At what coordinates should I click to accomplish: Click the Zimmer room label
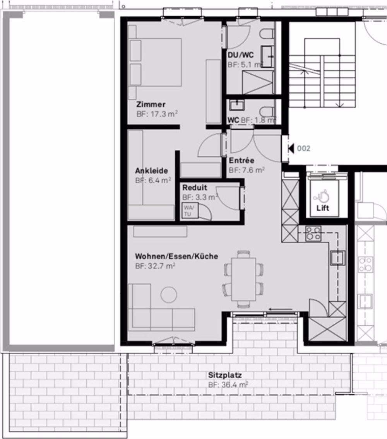click(151, 104)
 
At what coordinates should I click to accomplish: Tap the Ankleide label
click(151, 171)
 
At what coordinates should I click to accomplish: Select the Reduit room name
click(195, 188)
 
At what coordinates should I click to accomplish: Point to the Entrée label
click(241, 160)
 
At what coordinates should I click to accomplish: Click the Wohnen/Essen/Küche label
click(176, 256)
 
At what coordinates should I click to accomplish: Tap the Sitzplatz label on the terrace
click(225, 375)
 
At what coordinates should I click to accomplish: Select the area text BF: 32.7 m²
click(155, 266)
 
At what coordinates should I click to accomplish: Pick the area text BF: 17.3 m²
click(157, 114)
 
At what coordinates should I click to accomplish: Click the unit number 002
click(304, 148)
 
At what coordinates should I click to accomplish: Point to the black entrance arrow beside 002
click(291, 148)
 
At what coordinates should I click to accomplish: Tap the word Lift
click(323, 208)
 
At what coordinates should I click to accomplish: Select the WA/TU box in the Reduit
click(190, 210)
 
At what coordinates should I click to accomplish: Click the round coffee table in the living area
click(169, 294)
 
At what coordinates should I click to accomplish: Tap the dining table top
click(243, 279)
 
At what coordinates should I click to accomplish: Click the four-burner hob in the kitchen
click(313, 233)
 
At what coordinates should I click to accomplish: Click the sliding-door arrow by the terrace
click(281, 309)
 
